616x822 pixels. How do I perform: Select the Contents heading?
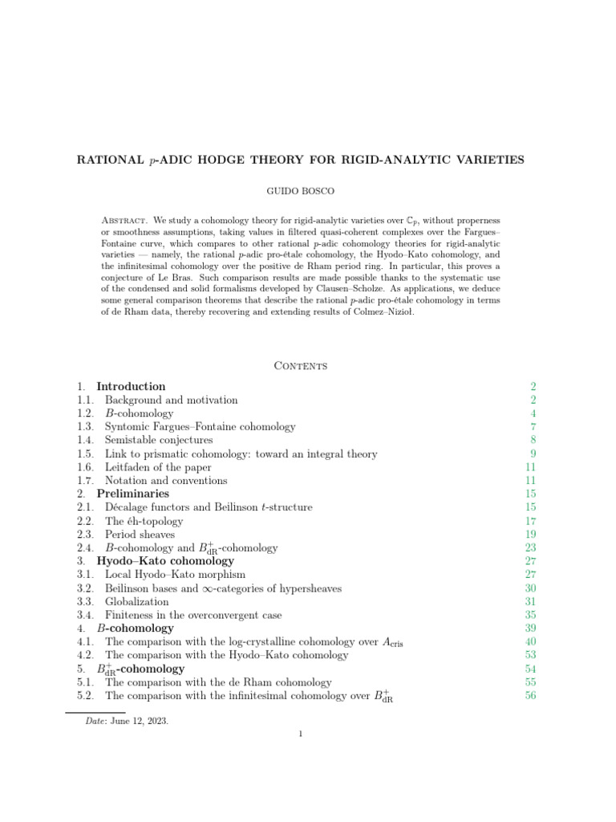click(300, 365)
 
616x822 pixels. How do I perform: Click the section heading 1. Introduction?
click(131, 386)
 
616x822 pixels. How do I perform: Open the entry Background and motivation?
click(171, 400)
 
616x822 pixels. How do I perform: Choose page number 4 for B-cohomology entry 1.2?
click(533, 413)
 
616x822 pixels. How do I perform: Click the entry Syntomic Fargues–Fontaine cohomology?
click(200, 427)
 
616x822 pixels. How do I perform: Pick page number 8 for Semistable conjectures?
click(533, 440)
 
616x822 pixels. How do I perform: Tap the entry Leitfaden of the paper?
click(158, 467)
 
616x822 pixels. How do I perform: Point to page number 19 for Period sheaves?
click(530, 534)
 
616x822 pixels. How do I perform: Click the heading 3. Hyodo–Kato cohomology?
click(164, 561)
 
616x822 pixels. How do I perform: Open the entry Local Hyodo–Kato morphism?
click(175, 575)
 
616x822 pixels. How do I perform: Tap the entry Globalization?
click(137, 601)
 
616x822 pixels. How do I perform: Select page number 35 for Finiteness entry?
click(530, 615)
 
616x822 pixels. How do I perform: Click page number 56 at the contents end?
click(530, 695)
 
